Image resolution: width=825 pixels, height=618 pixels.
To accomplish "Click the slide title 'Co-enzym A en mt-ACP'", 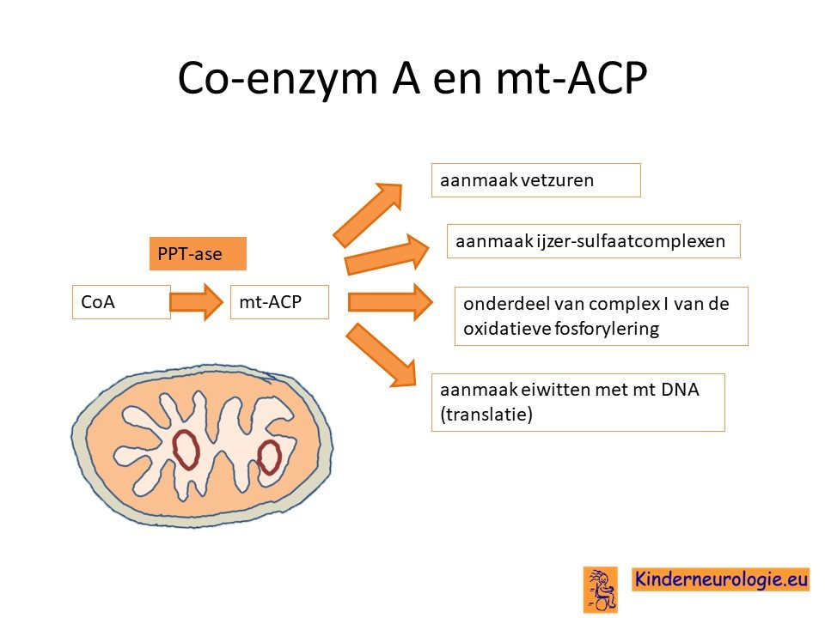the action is point(412,78).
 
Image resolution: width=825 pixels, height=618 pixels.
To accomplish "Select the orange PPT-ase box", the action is point(198,254).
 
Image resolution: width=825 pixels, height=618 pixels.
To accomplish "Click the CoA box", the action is point(121,302).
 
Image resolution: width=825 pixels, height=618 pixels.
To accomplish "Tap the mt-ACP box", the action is point(279,302).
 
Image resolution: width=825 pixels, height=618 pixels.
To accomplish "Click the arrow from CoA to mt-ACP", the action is point(197,302).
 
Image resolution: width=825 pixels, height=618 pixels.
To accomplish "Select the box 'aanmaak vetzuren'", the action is point(535,180).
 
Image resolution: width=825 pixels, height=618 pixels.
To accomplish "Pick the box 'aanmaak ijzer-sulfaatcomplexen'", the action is point(594,241).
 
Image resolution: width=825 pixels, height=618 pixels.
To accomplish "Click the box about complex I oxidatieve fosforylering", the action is point(601,317).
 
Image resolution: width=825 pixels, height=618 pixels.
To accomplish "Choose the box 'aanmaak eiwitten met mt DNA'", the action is point(577,403).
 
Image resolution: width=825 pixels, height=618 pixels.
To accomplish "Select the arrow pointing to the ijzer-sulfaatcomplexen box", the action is point(387,254).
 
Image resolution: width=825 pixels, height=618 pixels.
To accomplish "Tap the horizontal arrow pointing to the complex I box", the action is point(390,302).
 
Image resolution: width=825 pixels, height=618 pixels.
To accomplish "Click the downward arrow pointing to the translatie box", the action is point(382,355).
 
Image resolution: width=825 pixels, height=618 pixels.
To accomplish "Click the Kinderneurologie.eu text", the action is point(721,579).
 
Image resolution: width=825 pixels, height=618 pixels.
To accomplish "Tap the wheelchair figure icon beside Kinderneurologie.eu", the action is point(601,589).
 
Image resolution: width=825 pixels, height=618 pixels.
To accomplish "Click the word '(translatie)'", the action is point(486,415).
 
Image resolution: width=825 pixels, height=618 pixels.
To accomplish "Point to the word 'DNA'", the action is point(680,390).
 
